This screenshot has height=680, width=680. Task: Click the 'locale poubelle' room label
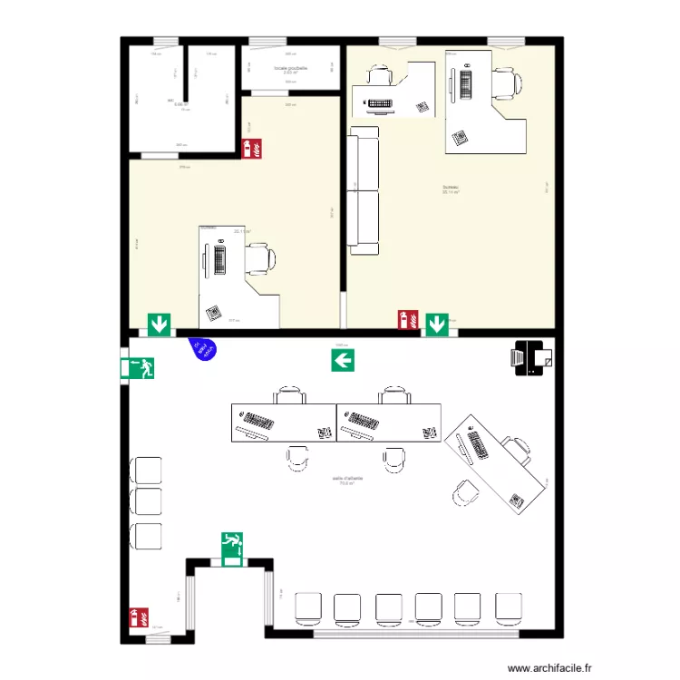(x=290, y=67)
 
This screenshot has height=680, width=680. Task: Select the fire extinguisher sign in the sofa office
(x=407, y=320)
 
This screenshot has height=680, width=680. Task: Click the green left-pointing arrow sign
(x=343, y=361)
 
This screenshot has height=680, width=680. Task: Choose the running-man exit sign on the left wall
(x=137, y=368)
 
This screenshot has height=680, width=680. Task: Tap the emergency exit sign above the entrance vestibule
(x=232, y=549)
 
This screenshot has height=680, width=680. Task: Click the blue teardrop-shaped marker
(x=203, y=348)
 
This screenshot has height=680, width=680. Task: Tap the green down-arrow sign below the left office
(x=160, y=324)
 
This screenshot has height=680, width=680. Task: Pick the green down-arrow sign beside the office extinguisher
(x=437, y=324)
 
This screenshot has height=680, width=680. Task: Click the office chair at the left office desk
(x=262, y=259)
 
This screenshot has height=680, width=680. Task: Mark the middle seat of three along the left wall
(x=146, y=502)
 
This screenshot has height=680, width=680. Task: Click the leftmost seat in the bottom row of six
(x=308, y=608)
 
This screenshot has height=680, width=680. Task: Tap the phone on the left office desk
(x=215, y=313)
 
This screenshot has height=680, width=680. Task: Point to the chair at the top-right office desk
(x=507, y=83)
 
